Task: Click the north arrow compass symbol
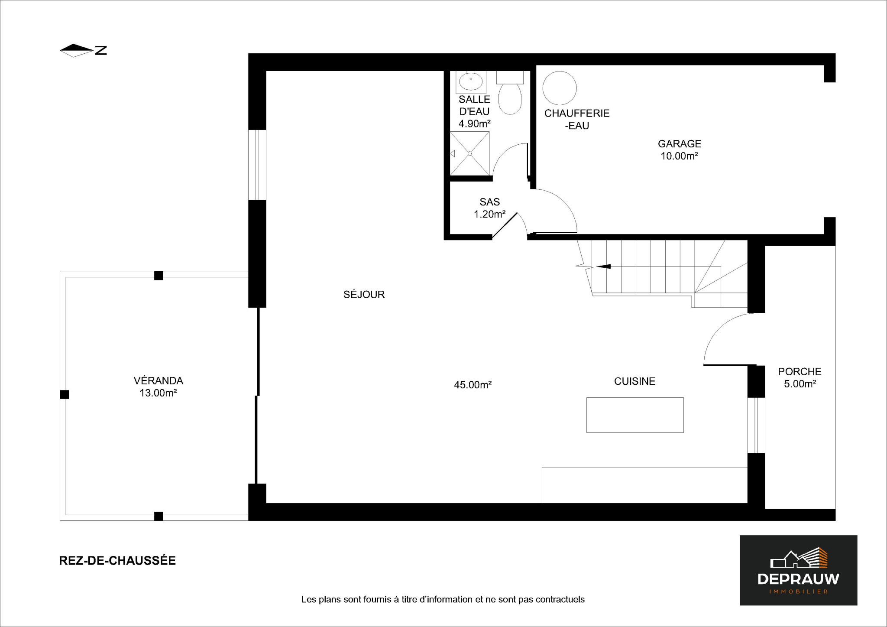(83, 50)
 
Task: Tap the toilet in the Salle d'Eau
(510, 93)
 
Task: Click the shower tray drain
(469, 153)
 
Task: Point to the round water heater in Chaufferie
(560, 88)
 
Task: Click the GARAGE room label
(679, 143)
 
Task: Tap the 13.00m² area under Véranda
(158, 393)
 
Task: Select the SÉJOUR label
(364, 294)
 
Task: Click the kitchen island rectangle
(635, 415)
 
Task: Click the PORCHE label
(800, 371)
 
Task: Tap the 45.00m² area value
(473, 385)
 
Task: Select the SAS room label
(489, 202)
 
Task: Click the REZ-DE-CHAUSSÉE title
(117, 561)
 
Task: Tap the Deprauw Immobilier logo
(798, 570)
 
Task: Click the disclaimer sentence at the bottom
(443, 600)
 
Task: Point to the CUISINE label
(634, 381)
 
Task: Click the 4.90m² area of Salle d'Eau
(474, 123)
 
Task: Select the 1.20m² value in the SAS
(489, 214)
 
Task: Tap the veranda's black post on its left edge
(64, 394)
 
